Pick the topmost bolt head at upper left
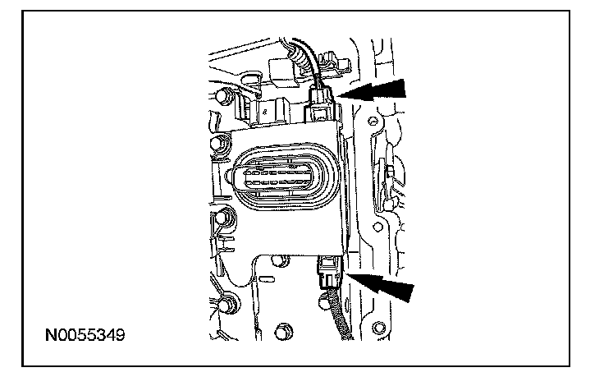pos(219,100)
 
